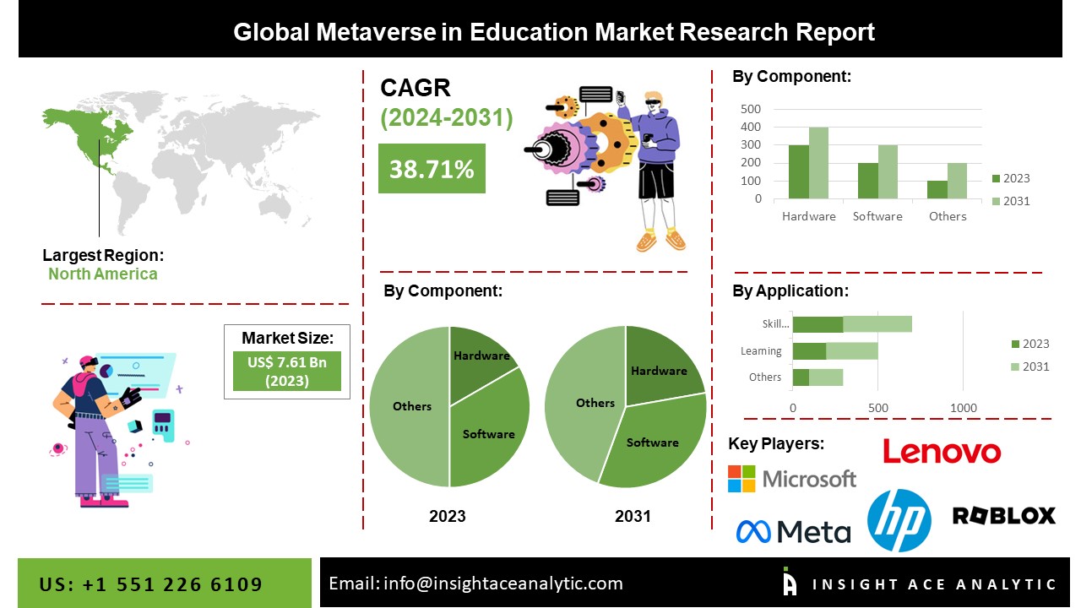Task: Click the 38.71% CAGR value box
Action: [432, 168]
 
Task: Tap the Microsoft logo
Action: [792, 479]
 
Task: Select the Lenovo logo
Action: [942, 451]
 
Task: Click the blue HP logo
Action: [899, 520]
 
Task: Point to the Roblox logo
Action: [1003, 515]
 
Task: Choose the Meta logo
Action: [793, 531]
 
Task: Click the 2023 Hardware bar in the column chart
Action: [798, 172]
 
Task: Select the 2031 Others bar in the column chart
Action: [958, 182]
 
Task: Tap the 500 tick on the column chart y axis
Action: [751, 109]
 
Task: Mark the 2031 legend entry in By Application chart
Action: [1029, 366]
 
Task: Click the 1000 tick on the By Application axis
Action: [964, 408]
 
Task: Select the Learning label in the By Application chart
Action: [761, 351]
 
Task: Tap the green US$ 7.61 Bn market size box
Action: [287, 371]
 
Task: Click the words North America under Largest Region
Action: [102, 274]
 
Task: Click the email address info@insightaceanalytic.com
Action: [502, 584]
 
